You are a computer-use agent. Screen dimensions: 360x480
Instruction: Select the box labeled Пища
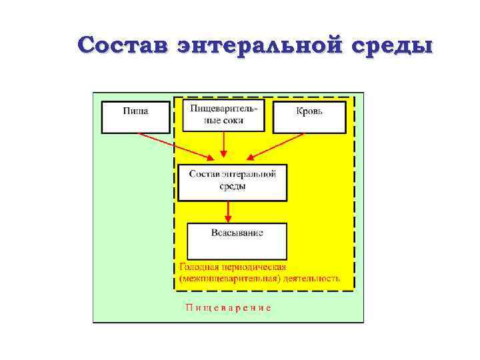(135, 117)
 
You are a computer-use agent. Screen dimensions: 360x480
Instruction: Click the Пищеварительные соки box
(223, 115)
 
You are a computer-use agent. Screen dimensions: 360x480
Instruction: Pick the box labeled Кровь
(309, 117)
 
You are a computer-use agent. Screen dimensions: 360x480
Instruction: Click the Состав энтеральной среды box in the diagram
(232, 182)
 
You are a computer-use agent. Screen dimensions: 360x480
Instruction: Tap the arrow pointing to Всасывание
(229, 211)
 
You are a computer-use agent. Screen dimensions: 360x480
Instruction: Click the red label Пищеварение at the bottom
(228, 308)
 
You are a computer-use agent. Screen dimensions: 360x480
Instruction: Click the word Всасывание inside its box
(237, 233)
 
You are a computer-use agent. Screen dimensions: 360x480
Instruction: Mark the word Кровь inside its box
(309, 111)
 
